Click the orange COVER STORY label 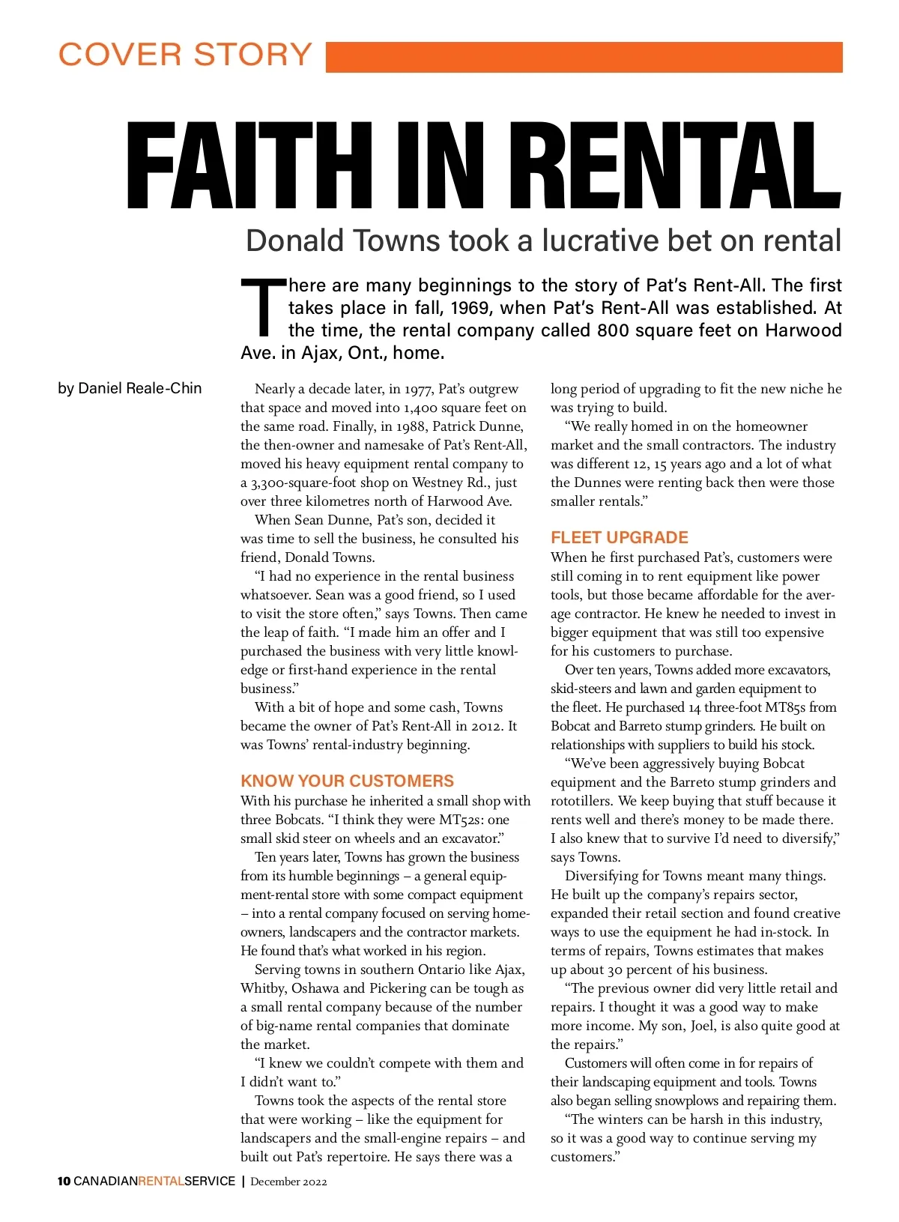pos(185,55)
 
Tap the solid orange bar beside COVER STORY pos(584,57)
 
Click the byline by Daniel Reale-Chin pos(130,388)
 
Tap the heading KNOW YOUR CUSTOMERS pos(347,781)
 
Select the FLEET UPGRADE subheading pos(619,537)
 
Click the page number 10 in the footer pos(64,1182)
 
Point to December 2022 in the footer pos(288,1182)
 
